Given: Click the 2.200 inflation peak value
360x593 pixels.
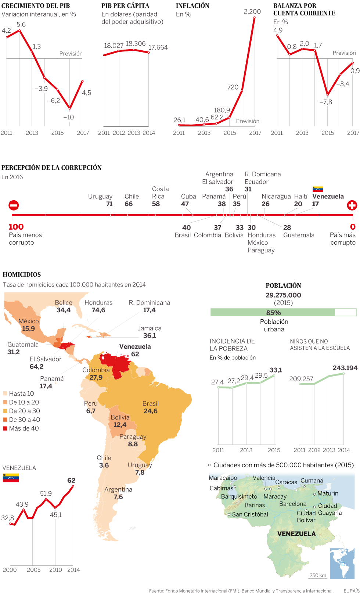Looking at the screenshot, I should [x=252, y=12].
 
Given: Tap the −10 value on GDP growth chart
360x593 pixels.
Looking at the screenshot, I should [x=69, y=117].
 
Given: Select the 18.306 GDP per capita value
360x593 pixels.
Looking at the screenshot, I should [x=136, y=44].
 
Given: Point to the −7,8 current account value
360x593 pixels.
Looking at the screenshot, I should [x=325, y=102].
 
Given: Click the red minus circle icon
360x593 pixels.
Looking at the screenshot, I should [x=14, y=205].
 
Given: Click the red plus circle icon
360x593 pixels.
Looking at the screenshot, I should [x=352, y=205].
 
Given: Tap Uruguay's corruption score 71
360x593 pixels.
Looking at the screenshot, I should [x=109, y=204].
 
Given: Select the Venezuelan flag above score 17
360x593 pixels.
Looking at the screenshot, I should [x=318, y=189].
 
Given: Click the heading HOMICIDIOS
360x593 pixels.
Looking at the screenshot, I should [x=22, y=274].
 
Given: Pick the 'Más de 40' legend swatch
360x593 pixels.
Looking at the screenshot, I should [x=5, y=428].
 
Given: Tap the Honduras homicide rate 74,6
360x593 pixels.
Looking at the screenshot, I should [x=98, y=310].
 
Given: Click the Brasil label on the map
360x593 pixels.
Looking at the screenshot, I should [x=151, y=403].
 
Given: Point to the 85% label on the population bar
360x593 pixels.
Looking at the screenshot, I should [x=273, y=313].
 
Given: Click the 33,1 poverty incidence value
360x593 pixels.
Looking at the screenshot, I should [x=276, y=370].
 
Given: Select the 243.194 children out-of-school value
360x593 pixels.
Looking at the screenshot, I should [x=345, y=368].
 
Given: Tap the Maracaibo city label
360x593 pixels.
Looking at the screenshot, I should [x=223, y=478].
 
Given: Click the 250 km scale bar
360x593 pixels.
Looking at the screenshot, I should [x=318, y=576].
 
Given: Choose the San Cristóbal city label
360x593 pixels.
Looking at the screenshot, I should [x=250, y=514].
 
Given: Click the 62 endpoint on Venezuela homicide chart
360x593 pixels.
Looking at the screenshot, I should [x=71, y=481].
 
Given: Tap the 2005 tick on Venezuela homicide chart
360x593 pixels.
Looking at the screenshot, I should [x=33, y=570].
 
